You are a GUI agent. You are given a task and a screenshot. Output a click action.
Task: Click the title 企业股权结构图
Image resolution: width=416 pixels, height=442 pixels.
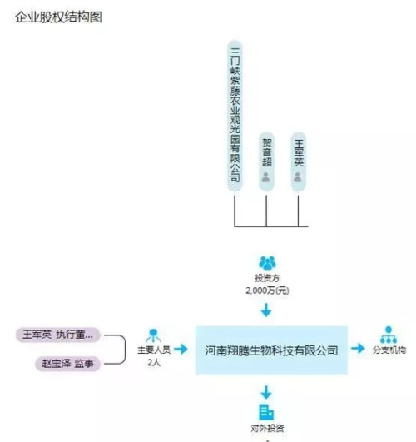click(x=58, y=17)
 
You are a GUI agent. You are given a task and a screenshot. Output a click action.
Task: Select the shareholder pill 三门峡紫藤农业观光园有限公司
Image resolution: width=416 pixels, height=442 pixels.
click(x=235, y=117)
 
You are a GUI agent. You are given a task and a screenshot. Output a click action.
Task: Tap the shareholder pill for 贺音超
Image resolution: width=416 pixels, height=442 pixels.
click(x=266, y=161)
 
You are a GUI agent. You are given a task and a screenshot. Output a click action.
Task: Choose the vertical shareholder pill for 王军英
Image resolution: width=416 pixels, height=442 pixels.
click(x=298, y=161)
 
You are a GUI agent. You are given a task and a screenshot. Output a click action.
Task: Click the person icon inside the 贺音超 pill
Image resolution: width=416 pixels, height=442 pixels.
click(x=265, y=177)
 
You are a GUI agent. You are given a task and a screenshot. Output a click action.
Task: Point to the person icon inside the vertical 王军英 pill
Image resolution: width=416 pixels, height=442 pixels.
click(x=298, y=177)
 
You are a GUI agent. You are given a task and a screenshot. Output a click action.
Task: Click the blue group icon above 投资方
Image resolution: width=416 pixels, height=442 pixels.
click(x=267, y=262)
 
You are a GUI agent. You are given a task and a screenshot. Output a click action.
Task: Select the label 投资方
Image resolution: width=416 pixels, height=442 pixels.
click(x=267, y=278)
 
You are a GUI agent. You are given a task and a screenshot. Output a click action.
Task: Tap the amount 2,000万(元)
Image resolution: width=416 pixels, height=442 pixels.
click(x=267, y=291)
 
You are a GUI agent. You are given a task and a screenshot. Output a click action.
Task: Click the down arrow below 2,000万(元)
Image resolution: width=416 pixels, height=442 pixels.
click(x=266, y=310)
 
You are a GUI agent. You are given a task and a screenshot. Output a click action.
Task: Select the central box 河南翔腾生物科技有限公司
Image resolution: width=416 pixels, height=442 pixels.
click(x=271, y=350)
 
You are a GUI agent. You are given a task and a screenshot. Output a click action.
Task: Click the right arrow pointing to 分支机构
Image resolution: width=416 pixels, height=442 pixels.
click(x=358, y=348)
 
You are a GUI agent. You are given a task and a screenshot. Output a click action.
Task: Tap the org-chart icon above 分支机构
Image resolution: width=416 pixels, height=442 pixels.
click(x=389, y=335)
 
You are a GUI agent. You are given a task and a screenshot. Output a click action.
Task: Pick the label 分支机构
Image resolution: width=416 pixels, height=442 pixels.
click(x=389, y=350)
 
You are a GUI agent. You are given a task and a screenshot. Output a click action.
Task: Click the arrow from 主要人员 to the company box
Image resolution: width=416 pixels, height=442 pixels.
click(x=181, y=349)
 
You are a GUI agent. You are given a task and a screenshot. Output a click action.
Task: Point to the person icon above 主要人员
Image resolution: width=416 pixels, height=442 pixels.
click(x=153, y=335)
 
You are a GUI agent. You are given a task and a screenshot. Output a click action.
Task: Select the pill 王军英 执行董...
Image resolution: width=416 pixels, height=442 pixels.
click(x=58, y=335)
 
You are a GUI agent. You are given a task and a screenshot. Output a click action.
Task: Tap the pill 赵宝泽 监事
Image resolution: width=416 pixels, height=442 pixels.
click(x=67, y=364)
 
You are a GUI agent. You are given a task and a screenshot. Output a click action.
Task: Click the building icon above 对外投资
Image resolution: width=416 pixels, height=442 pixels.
click(x=266, y=412)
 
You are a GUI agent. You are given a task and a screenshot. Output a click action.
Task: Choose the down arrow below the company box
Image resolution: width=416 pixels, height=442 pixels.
click(x=266, y=392)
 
